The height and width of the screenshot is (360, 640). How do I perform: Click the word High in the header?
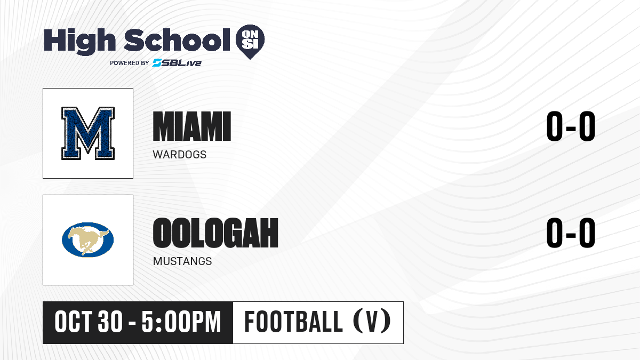[79, 41]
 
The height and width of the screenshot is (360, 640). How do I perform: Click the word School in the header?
[177, 40]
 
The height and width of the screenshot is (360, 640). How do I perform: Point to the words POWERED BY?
[130, 63]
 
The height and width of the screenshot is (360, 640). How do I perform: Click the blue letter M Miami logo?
[88, 133]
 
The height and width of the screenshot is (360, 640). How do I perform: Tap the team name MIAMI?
[191, 126]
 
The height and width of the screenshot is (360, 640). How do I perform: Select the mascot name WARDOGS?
[179, 155]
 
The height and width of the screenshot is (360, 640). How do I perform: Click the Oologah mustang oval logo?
[87, 239]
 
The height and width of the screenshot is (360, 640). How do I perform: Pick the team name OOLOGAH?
[215, 233]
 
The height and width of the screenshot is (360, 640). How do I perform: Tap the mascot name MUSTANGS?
[182, 261]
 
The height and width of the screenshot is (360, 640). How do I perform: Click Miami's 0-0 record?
[571, 126]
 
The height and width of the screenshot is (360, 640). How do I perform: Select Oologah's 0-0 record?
[571, 233]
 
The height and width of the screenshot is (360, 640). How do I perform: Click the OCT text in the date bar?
[73, 322]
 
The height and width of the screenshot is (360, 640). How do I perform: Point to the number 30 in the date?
[110, 322]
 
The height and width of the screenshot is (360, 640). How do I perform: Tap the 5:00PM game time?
[181, 322]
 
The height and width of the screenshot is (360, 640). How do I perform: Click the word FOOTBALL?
[293, 322]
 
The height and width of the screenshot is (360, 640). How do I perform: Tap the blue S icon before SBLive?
[157, 63]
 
